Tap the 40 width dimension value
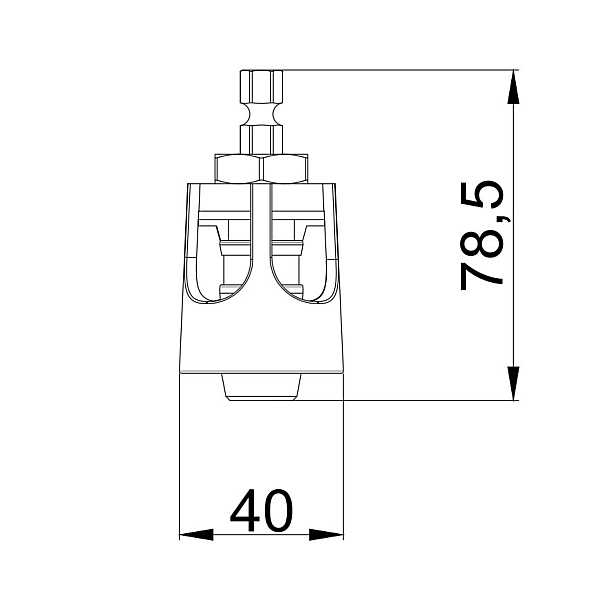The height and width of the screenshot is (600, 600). (261, 511)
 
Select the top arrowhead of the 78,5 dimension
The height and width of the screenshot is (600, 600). (513, 85)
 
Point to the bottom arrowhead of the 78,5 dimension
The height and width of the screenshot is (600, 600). (513, 384)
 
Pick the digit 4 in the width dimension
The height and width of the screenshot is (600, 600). (245, 511)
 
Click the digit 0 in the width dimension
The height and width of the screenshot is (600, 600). (278, 511)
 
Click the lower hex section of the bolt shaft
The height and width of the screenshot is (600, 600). (261, 135)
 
